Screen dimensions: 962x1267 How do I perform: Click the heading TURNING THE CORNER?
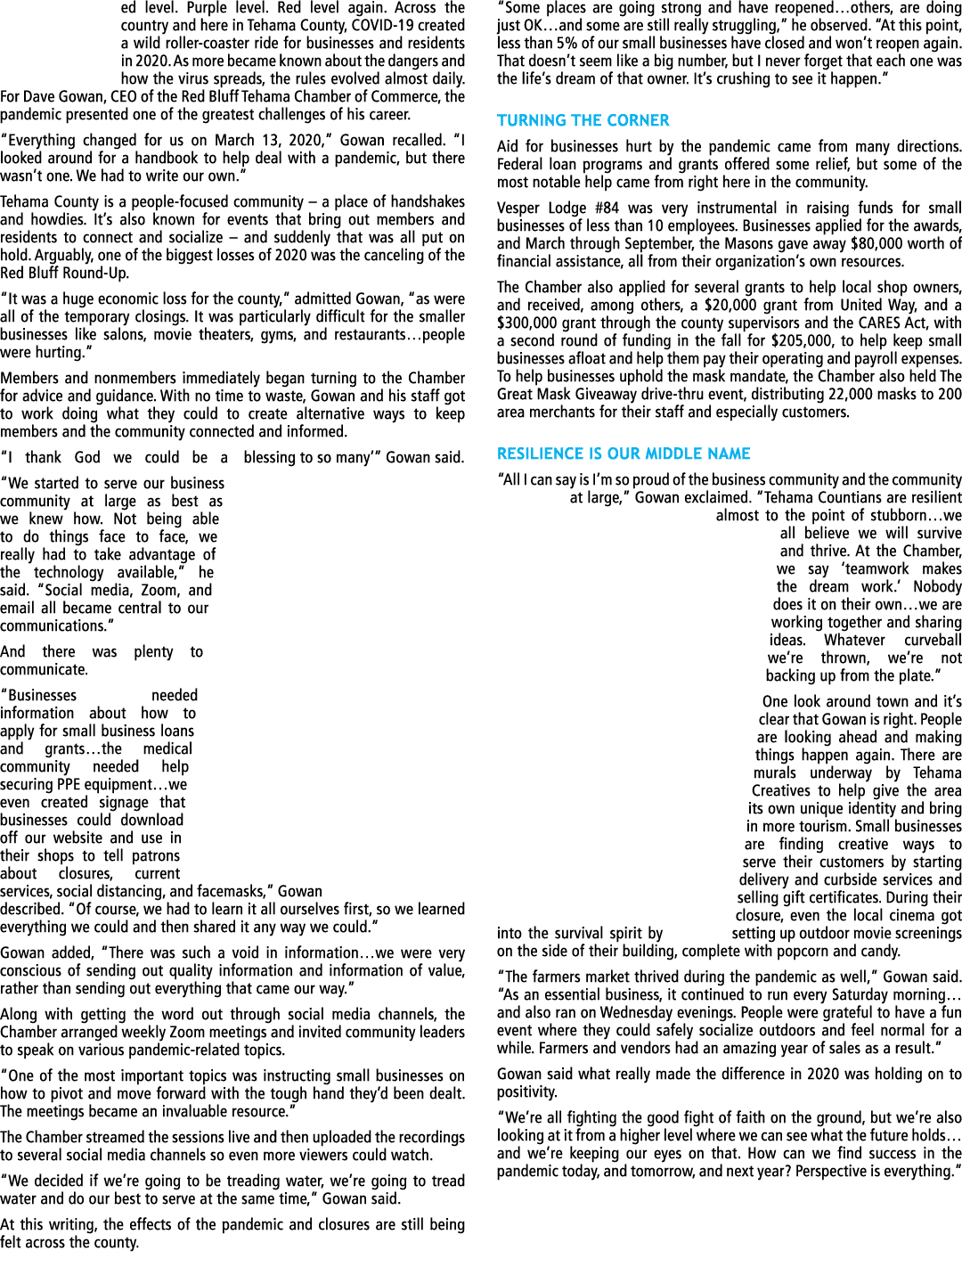click(x=583, y=120)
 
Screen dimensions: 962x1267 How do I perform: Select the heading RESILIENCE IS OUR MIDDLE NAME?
click(x=624, y=454)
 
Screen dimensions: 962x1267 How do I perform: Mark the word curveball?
click(x=933, y=641)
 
